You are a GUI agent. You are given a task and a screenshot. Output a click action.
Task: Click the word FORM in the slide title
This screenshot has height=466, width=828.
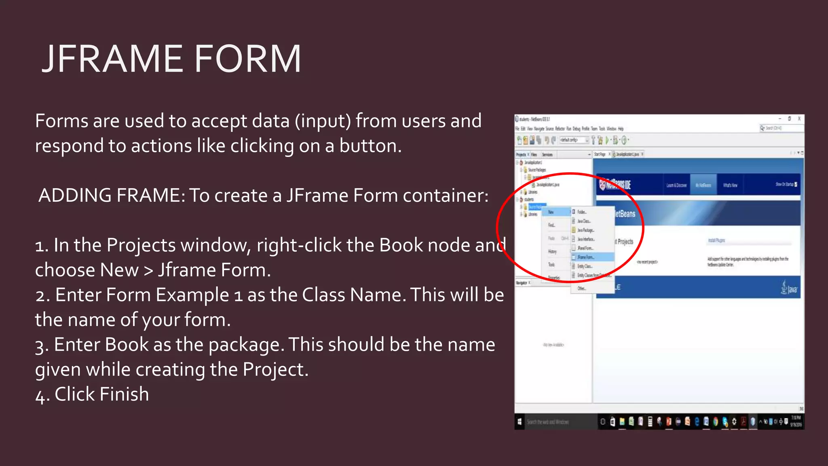[247, 59]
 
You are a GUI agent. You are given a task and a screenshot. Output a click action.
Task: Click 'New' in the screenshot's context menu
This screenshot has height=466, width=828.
[551, 212]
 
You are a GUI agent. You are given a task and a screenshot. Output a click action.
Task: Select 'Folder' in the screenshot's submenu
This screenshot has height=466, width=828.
[581, 212]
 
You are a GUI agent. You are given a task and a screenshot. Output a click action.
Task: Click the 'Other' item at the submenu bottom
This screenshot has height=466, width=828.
[581, 288]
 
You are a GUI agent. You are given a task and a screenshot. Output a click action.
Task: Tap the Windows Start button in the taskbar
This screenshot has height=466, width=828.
[520, 422]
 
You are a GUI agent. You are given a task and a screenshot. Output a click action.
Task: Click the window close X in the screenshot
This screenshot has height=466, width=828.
[799, 119]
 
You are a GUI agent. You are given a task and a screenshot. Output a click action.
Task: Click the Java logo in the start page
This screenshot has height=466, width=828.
[788, 288]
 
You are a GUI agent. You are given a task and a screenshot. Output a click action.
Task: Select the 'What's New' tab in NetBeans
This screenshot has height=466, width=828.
[730, 185]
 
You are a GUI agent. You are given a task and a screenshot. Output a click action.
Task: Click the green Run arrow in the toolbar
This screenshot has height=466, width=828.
[607, 140]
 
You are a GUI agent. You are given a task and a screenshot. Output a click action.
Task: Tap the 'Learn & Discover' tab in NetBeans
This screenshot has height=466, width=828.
[676, 185]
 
